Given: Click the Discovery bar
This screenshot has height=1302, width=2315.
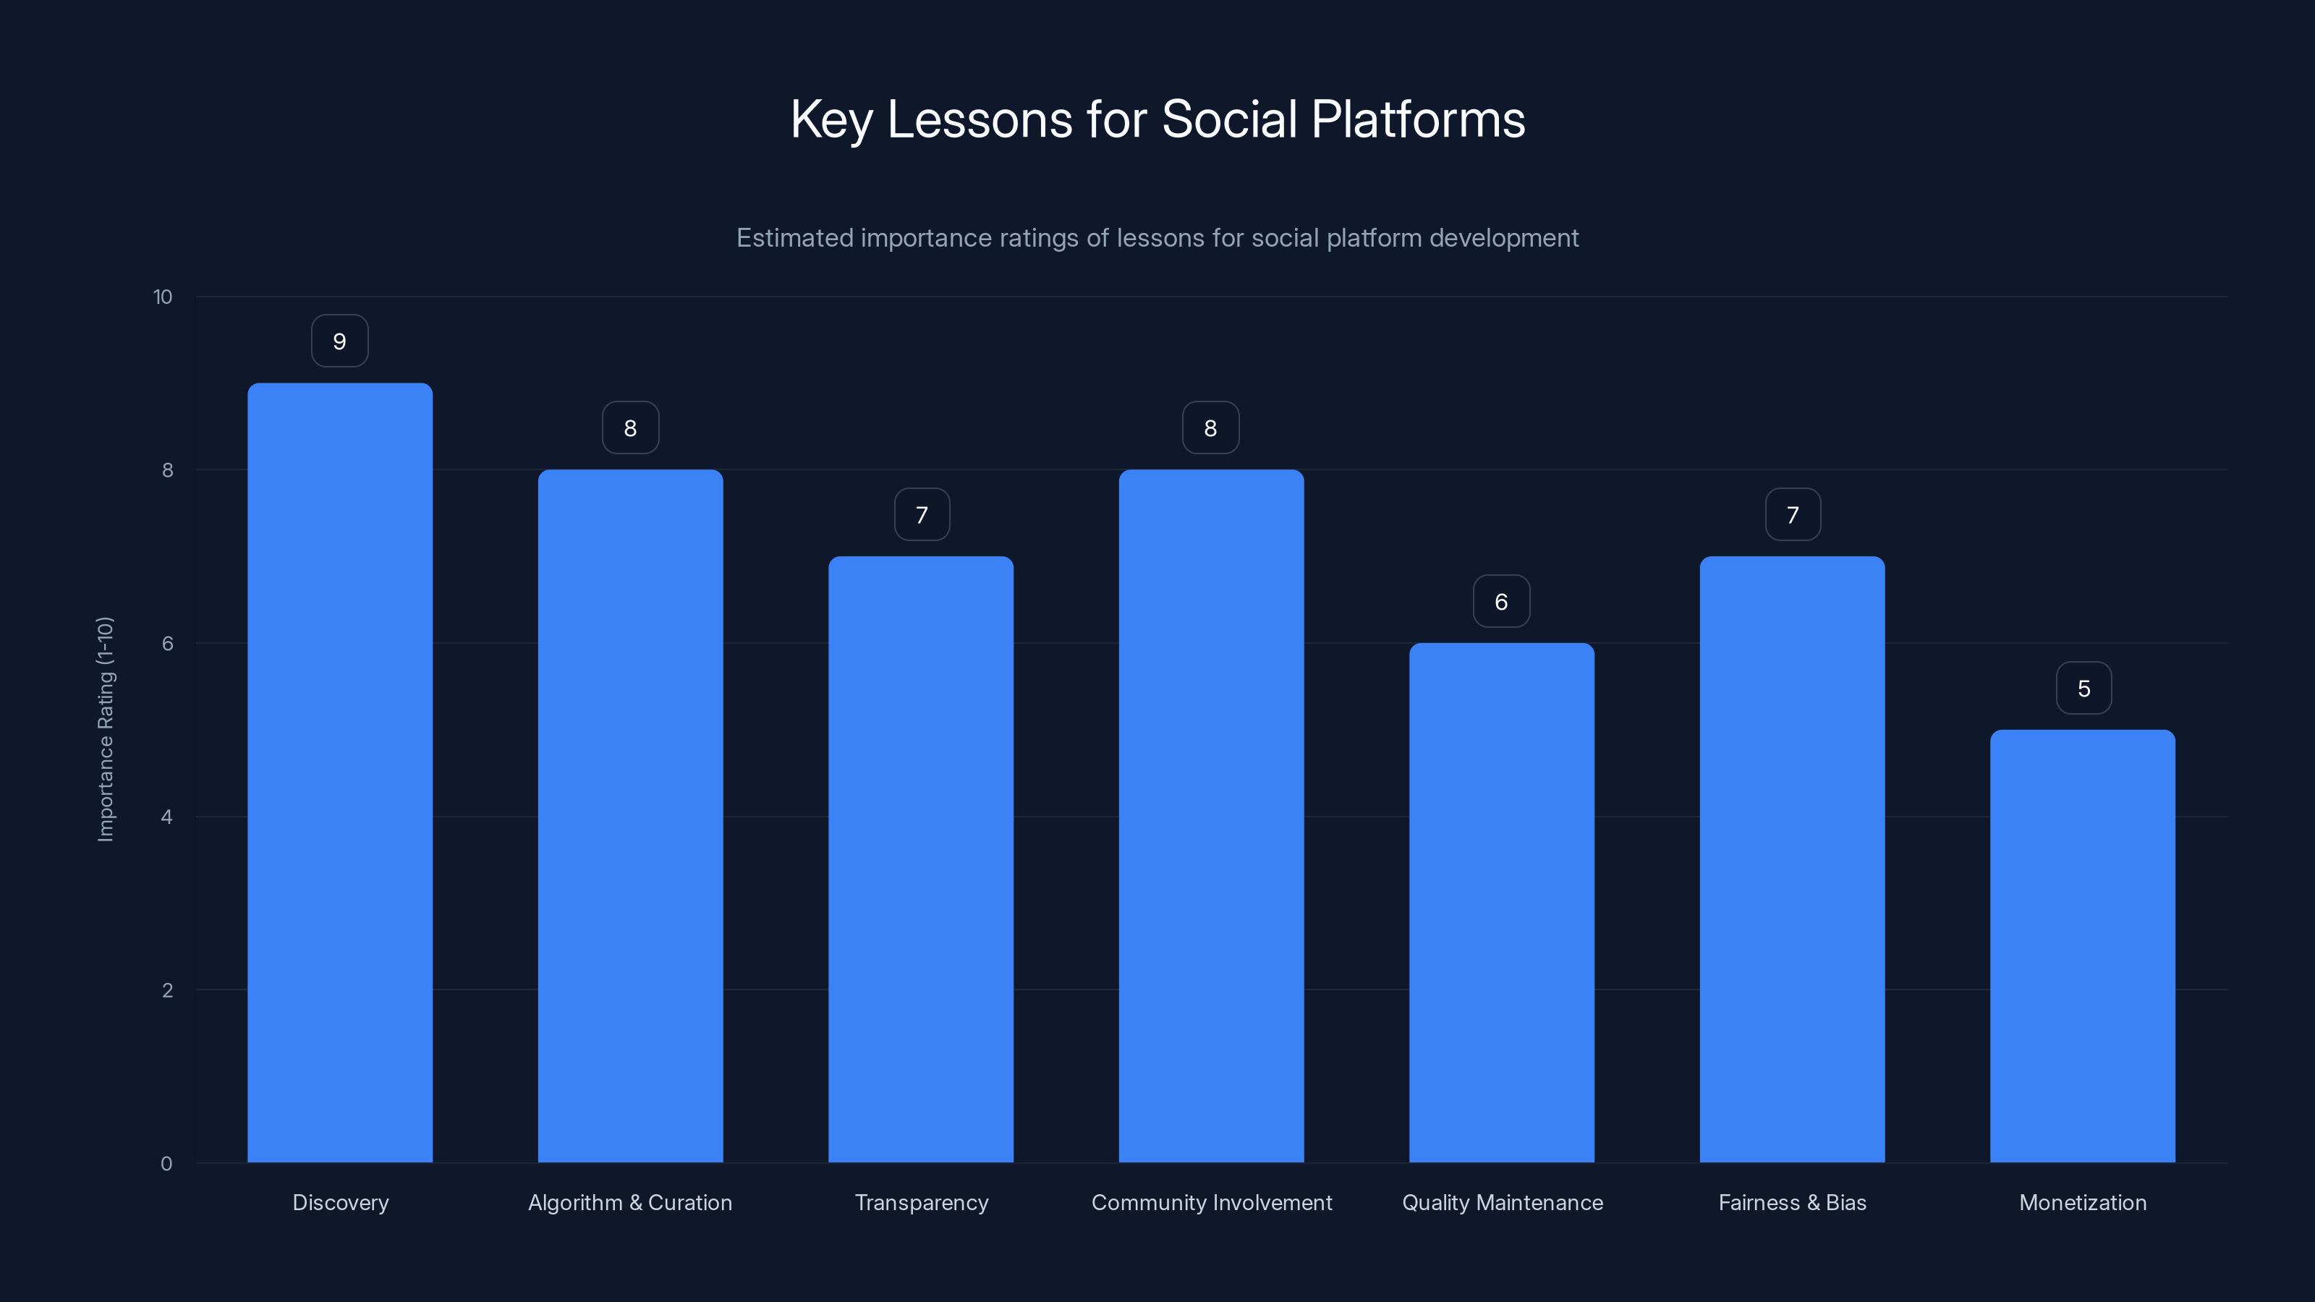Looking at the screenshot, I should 340,773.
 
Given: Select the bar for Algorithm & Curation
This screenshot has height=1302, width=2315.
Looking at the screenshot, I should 630,816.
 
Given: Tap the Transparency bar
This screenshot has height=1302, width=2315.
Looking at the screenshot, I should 920,859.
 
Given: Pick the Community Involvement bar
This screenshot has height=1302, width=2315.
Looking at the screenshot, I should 1210,816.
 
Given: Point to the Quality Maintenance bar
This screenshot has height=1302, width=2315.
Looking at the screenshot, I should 1501,902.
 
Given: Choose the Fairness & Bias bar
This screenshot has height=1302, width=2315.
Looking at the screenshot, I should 1792,859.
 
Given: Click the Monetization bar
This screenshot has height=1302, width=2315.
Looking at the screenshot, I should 2082,945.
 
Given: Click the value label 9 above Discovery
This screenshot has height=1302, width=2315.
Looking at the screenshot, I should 340,341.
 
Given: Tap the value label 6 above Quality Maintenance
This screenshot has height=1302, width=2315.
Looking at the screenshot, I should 1501,602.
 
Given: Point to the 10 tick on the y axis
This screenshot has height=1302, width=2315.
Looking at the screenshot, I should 163,297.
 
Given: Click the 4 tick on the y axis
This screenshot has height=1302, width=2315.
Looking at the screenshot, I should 167,817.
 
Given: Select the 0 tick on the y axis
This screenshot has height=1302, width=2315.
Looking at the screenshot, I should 166,1164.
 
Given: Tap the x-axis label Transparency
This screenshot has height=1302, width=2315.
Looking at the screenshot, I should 921,1202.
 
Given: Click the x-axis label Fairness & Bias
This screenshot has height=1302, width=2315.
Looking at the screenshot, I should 1792,1202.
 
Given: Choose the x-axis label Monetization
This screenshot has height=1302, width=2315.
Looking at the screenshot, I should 2082,1202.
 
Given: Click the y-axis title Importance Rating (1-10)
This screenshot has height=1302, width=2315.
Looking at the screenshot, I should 106,728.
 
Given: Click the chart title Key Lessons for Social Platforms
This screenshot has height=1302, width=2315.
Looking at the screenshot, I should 1157,119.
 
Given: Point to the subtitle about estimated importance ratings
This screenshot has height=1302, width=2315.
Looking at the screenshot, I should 1157,238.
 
